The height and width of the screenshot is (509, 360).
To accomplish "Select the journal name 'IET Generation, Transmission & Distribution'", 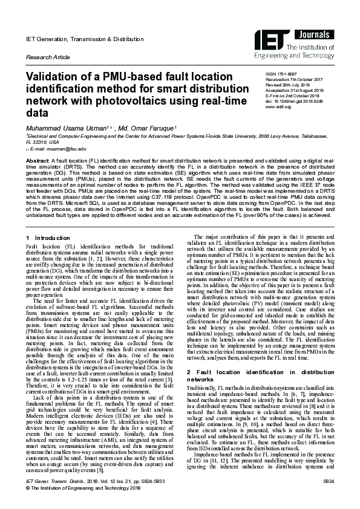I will tap(83, 39).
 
